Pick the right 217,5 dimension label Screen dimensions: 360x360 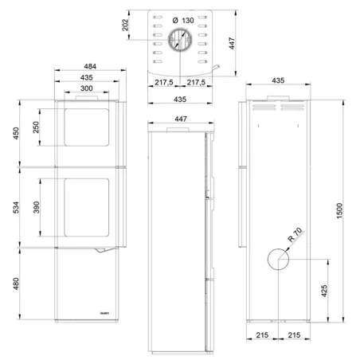[197, 83]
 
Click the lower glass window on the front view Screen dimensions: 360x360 [88, 208]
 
